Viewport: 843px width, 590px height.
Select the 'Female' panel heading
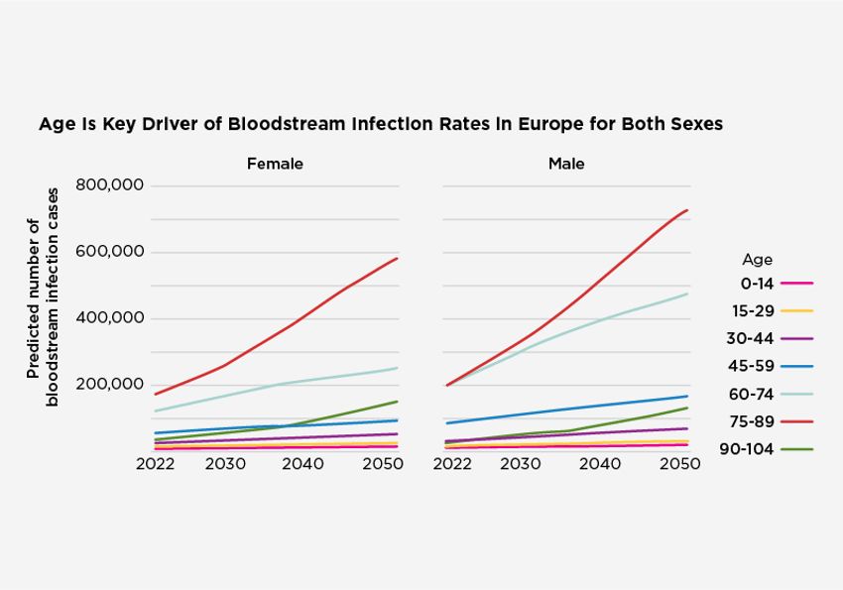coord(275,163)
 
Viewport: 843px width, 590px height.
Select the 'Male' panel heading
coord(566,163)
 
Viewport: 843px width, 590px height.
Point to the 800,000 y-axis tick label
coord(109,185)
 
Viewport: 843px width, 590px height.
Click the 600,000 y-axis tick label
coord(109,252)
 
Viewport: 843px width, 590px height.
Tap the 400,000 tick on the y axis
coord(109,318)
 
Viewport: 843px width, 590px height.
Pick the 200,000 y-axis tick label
coord(109,385)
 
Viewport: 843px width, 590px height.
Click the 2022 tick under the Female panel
coord(157,464)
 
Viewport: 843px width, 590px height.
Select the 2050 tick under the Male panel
coord(680,464)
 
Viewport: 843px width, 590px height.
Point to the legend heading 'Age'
coord(757,260)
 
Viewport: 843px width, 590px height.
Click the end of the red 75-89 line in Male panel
coord(687,210)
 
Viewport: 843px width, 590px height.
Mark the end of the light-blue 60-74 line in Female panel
coord(398,368)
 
